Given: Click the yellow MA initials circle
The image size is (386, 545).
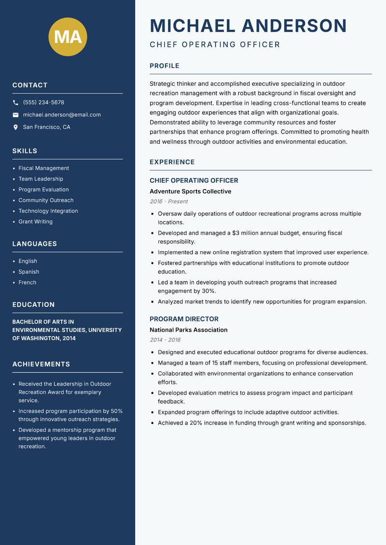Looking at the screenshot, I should pyautogui.click(x=68, y=37).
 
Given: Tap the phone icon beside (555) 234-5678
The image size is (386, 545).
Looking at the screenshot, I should pyautogui.click(x=15, y=103).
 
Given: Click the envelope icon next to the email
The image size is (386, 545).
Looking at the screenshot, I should pyautogui.click(x=15, y=115).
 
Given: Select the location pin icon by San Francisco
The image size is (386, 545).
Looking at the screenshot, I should pyautogui.click(x=15, y=127).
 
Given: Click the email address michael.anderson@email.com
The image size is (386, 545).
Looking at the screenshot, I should pyautogui.click(x=62, y=115).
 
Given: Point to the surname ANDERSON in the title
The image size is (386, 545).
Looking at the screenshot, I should pyautogui.click(x=294, y=26).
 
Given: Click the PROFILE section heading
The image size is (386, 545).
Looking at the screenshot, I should pyautogui.click(x=165, y=66).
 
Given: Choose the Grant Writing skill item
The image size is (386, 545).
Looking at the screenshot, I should pyautogui.click(x=36, y=222).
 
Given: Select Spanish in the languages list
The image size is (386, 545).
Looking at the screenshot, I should pyautogui.click(x=29, y=272).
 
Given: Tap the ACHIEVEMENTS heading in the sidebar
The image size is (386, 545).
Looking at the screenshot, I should pyautogui.click(x=41, y=364).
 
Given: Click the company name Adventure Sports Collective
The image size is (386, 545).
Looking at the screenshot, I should pyautogui.click(x=190, y=191).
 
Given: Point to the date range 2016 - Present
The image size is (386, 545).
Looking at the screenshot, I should pyautogui.click(x=168, y=202).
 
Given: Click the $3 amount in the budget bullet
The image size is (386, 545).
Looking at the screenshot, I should pyautogui.click(x=236, y=233).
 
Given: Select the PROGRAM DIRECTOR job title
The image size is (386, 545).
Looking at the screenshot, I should pyautogui.click(x=184, y=319).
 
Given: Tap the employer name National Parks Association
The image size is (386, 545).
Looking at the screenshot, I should pyautogui.click(x=188, y=330).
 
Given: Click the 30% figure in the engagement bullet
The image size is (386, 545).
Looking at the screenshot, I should pyautogui.click(x=209, y=291).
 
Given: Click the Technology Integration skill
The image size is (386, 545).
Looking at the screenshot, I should pyautogui.click(x=48, y=211).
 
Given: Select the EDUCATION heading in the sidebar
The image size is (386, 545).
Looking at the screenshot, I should pyautogui.click(x=34, y=305).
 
